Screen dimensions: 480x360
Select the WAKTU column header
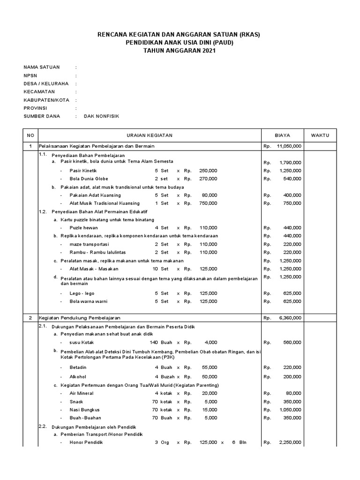click(x=320, y=135)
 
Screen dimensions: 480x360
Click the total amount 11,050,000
click(x=289, y=146)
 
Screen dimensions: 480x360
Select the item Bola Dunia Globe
click(x=89, y=179)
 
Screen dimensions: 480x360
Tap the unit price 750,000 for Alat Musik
click(x=208, y=203)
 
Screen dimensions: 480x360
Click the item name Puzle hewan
click(x=83, y=228)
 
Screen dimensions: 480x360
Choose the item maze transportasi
click(x=89, y=244)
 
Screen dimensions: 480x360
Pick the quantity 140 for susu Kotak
click(x=154, y=343)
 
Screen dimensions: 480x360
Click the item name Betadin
click(x=78, y=367)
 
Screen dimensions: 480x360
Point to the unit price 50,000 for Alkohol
click(x=209, y=377)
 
